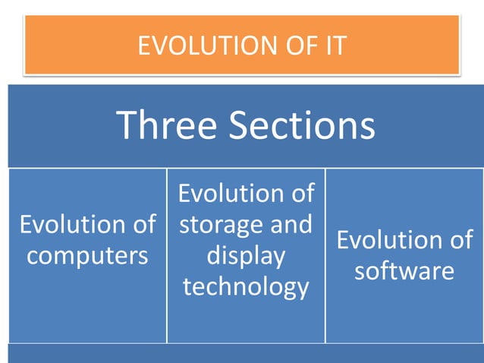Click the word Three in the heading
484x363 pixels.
tap(168, 125)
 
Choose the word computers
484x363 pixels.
tap(87, 256)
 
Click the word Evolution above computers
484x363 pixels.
tap(68, 225)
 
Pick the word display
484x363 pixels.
tap(246, 256)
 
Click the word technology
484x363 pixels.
tap(246, 287)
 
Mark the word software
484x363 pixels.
tap(404, 271)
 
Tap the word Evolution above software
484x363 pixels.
tap(385, 240)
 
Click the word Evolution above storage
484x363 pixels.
tap(227, 194)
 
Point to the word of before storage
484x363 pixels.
tap(299, 194)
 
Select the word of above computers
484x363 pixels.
tap(140, 225)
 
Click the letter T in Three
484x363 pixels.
tap(126, 125)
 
